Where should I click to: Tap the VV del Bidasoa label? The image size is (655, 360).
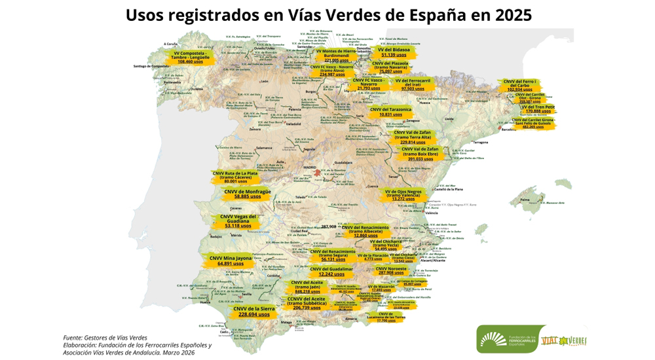(394, 49)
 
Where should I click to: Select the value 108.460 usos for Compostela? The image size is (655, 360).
(190, 61)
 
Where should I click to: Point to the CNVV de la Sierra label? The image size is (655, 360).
(254, 308)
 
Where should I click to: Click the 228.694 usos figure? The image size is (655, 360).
(254, 314)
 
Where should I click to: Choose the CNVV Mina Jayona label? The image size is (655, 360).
(230, 258)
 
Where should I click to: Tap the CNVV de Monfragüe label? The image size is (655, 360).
(247, 191)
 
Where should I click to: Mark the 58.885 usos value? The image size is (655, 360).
(247, 196)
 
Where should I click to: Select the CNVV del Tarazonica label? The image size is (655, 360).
(390, 109)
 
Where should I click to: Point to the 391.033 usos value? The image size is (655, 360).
(420, 158)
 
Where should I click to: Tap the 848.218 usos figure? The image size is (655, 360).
(307, 291)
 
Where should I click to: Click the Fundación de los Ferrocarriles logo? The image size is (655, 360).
(505, 339)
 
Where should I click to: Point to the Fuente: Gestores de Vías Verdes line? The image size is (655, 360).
(105, 338)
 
